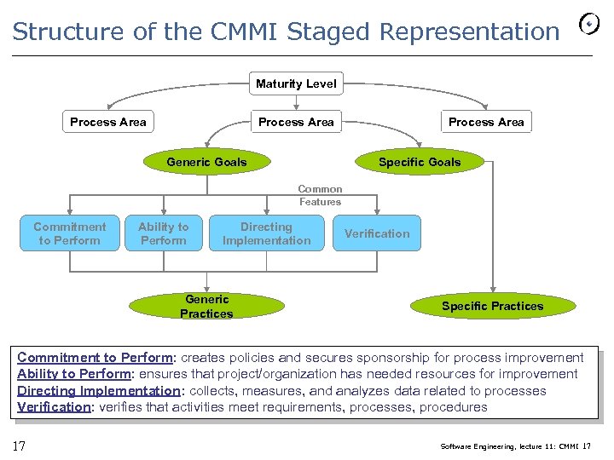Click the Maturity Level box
pos(296,83)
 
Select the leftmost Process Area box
pos(107,122)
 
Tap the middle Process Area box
pos(296,122)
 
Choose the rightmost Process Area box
pos(486,122)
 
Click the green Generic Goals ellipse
pos(206,162)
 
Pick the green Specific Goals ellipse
pos(419,162)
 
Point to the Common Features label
pos(320,195)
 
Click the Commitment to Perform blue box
pos(69,233)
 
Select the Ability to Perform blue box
pos(163,233)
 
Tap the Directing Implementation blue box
pos(266,233)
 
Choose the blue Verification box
pos(377,233)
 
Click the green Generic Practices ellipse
pos(206,306)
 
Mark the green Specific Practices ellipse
pos(492,306)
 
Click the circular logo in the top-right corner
pos(588,26)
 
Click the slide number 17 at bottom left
pos(18,446)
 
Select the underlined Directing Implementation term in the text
pos(98,391)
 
